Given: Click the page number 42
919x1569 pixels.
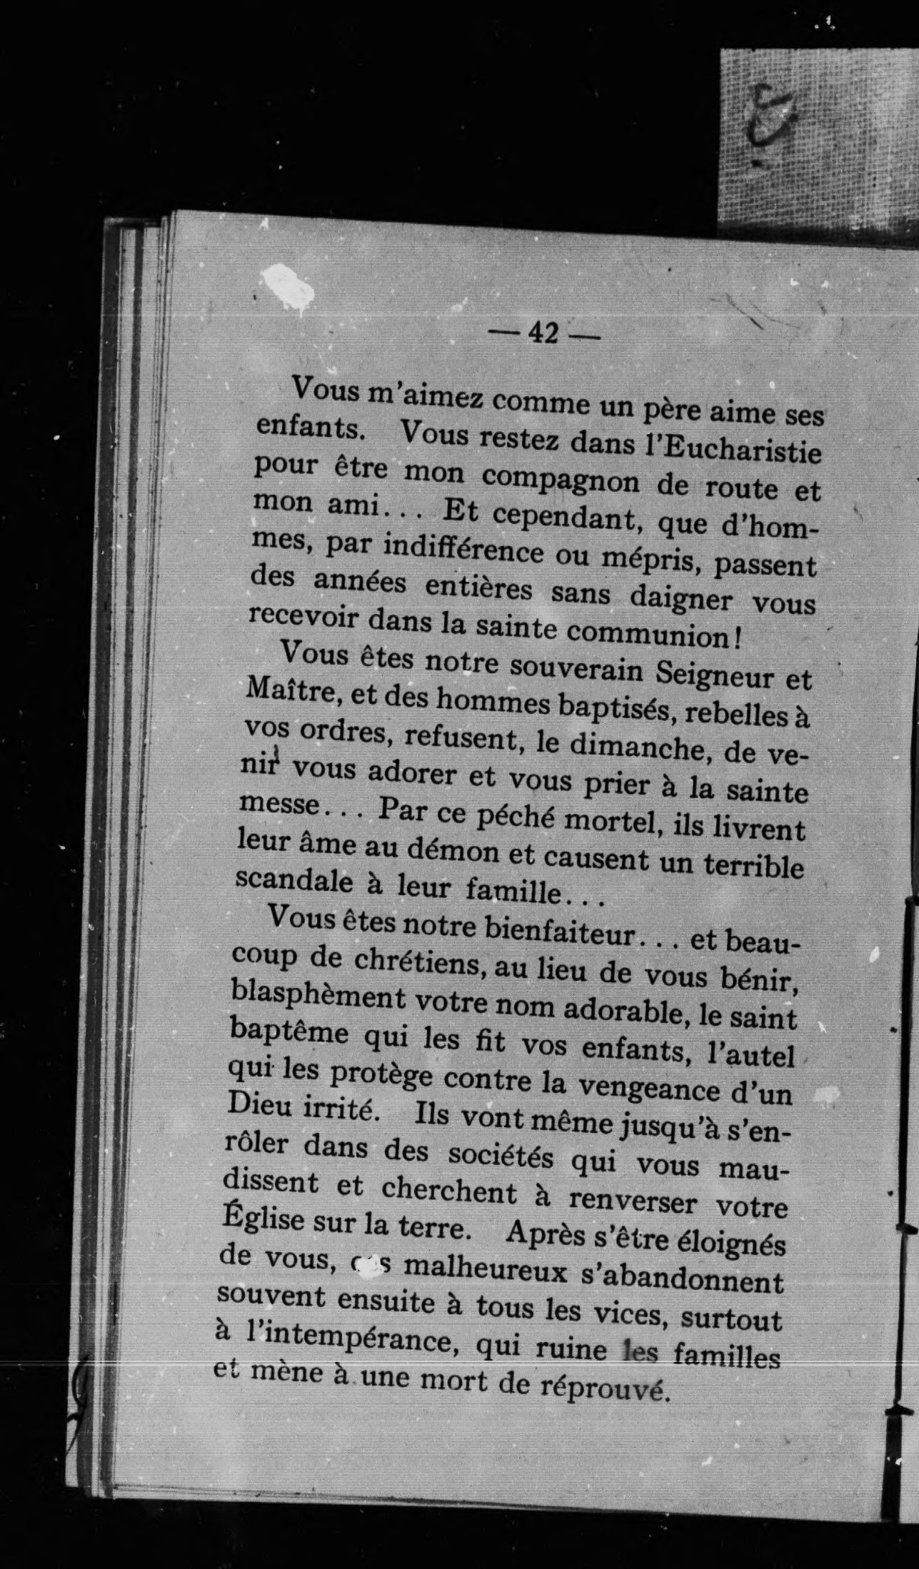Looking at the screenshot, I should click(543, 333).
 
